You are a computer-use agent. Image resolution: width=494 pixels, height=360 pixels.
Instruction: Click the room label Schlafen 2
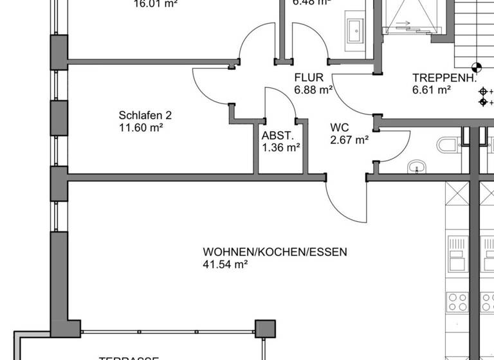coord(145,116)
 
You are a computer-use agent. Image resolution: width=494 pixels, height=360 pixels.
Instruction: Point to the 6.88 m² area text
coord(313,91)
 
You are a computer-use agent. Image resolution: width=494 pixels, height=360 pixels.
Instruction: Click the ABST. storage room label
coord(278,136)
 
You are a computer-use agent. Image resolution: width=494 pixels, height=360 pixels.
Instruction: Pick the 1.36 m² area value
coord(281,147)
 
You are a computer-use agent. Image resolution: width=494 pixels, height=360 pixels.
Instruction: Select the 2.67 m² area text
coord(349,139)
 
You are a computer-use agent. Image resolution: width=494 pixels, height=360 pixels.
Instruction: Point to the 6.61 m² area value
coord(432,91)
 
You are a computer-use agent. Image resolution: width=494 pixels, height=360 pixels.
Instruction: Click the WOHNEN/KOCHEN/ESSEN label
coord(275,252)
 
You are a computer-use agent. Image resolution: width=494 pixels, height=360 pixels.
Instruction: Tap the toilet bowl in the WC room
coord(448,145)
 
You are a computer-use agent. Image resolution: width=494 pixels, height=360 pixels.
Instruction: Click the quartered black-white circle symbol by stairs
coord(476,66)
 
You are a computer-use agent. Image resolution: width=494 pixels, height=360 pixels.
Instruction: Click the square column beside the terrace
coord(264,328)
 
